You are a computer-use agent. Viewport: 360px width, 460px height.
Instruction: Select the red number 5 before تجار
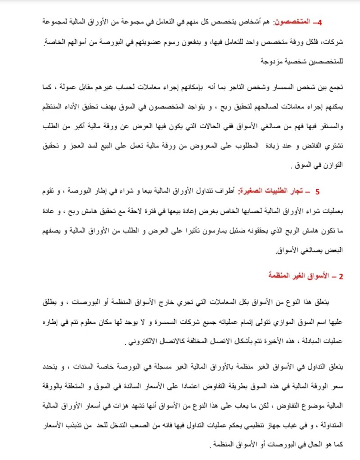pyautogui.click(x=318, y=191)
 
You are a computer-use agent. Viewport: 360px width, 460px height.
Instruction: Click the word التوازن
pyautogui.click(x=333, y=165)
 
